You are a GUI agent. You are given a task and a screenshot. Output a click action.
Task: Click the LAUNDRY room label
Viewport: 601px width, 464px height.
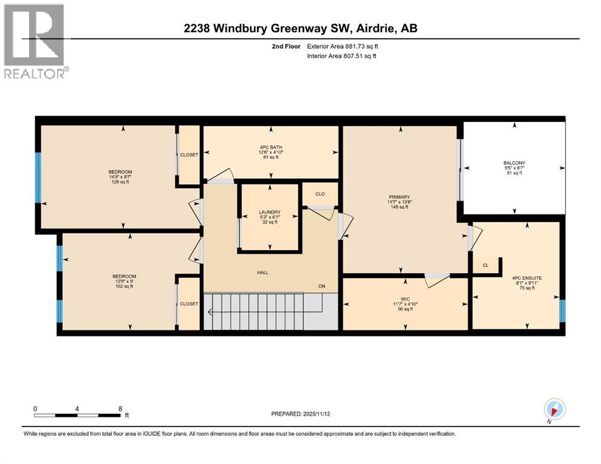(x=269, y=212)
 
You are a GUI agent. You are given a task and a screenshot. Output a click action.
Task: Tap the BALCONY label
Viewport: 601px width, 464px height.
(x=514, y=163)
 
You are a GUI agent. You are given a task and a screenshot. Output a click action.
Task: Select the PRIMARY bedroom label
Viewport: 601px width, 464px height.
(x=399, y=197)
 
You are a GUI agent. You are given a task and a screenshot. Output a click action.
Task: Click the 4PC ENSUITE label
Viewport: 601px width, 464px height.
(x=527, y=278)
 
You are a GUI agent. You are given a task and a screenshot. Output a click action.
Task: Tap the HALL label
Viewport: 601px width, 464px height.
(x=262, y=272)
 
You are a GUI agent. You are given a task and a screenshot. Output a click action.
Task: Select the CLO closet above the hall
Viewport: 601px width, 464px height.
(x=320, y=195)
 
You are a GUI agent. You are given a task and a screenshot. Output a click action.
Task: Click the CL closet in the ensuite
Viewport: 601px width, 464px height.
(x=485, y=265)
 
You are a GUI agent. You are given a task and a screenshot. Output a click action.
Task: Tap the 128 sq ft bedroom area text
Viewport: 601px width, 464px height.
(x=119, y=182)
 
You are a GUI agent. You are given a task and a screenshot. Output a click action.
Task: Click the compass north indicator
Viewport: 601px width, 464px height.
(x=554, y=408)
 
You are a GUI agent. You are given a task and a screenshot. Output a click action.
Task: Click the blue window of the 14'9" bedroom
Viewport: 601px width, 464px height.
(x=38, y=178)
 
